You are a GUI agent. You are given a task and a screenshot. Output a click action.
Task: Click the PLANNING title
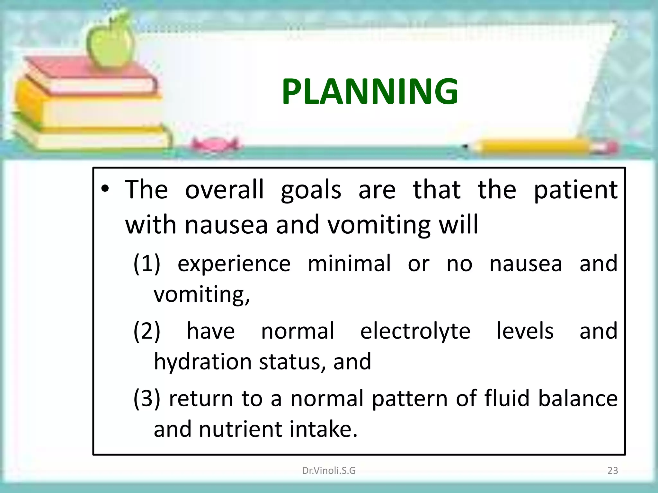(x=370, y=92)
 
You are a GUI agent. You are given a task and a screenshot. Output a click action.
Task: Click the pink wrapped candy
(x=215, y=145)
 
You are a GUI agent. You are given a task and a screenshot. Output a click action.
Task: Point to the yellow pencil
(x=543, y=147)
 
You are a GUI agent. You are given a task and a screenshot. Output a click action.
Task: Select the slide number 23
(x=612, y=471)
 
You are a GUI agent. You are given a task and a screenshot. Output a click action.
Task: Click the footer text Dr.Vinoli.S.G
(x=329, y=471)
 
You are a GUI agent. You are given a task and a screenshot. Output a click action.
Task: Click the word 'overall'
(x=224, y=190)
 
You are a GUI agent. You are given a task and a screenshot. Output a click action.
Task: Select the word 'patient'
(x=575, y=190)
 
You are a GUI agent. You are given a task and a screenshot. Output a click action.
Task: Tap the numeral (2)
(x=147, y=331)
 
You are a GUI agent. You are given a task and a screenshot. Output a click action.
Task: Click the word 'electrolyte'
(x=415, y=331)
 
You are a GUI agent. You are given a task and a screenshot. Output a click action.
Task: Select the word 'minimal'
(x=349, y=264)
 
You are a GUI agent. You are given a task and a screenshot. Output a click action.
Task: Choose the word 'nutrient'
(x=240, y=429)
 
